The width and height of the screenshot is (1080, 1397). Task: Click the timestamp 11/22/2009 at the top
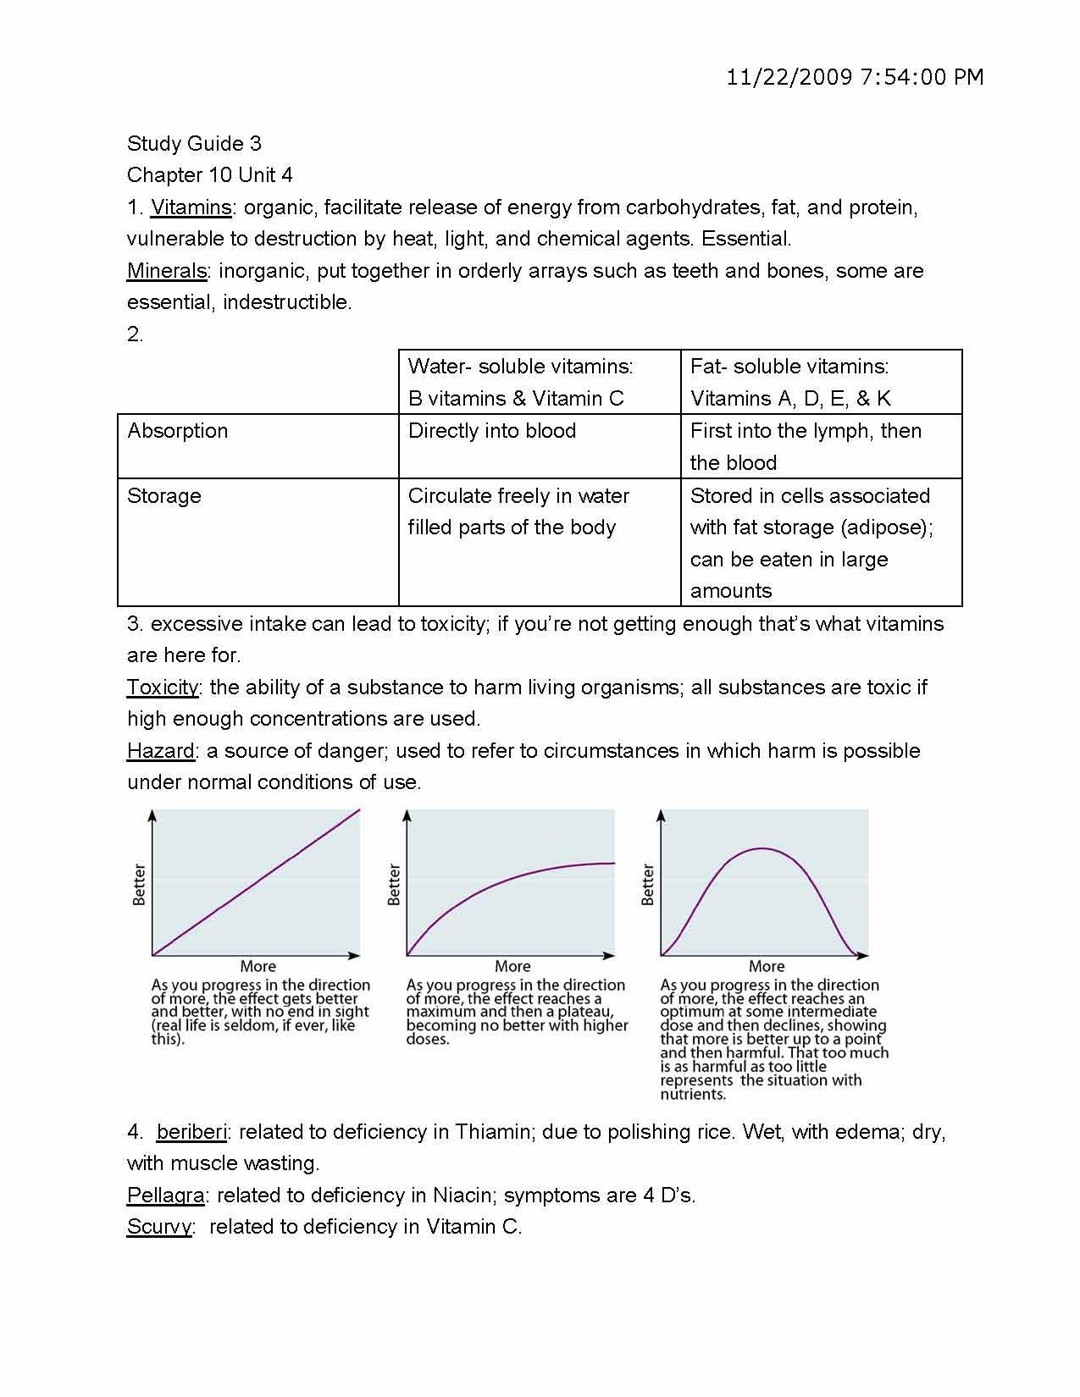point(788,77)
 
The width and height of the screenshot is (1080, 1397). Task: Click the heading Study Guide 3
point(194,143)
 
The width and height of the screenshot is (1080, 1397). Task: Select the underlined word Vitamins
point(191,207)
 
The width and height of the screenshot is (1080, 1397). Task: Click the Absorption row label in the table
point(177,431)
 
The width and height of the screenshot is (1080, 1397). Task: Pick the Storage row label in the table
point(164,496)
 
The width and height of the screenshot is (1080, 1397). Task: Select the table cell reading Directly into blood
point(491,431)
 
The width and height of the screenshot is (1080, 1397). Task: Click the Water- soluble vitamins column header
point(520,367)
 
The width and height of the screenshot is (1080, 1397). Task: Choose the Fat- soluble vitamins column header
point(789,367)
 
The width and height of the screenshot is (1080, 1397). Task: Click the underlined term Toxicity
point(162,687)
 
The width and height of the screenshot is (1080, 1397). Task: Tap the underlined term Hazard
point(160,751)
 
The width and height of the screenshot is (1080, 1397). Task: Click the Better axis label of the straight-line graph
point(140,885)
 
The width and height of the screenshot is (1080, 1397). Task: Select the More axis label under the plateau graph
point(512,966)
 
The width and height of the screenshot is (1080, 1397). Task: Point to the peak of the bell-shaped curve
point(762,848)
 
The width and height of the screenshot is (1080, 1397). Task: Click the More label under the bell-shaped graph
point(766,966)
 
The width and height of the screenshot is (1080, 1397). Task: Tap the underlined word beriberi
point(191,1132)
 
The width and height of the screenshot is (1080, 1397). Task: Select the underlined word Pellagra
point(165,1195)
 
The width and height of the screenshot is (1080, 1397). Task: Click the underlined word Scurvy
point(159,1227)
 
